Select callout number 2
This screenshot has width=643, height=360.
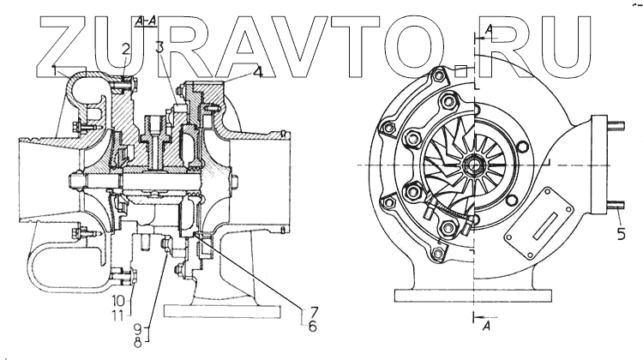pyautogui.click(x=125, y=48)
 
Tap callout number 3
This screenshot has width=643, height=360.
pyautogui.click(x=159, y=48)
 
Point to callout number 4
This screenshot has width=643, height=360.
pyautogui.click(x=258, y=74)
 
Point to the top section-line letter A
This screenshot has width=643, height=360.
pyautogui.click(x=488, y=29)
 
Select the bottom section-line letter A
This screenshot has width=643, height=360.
pyautogui.click(x=488, y=327)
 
